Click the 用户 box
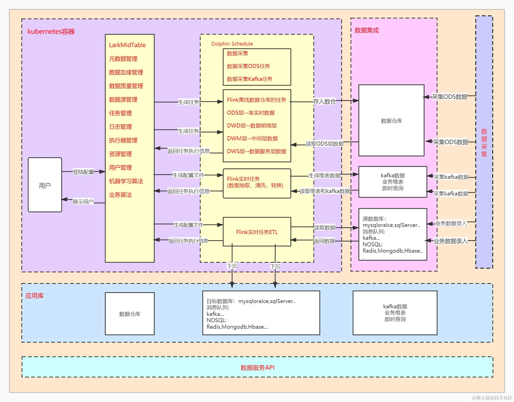click(45, 185)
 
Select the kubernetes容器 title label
click(51, 31)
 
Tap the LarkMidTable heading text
click(127, 45)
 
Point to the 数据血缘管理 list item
click(126, 73)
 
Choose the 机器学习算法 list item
click(126, 181)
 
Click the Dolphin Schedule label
click(232, 44)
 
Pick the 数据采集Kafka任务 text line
click(249, 79)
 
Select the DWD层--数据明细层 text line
click(252, 126)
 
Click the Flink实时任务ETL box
click(257, 232)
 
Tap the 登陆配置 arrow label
click(83, 172)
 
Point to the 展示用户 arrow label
click(83, 202)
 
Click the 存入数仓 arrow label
click(324, 102)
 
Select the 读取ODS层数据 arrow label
click(325, 144)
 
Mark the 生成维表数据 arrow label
click(324, 176)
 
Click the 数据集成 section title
click(367, 30)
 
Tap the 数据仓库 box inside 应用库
click(130, 314)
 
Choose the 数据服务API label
click(257, 367)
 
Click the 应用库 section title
click(35, 296)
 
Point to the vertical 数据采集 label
click(484, 143)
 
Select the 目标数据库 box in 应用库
click(261, 313)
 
